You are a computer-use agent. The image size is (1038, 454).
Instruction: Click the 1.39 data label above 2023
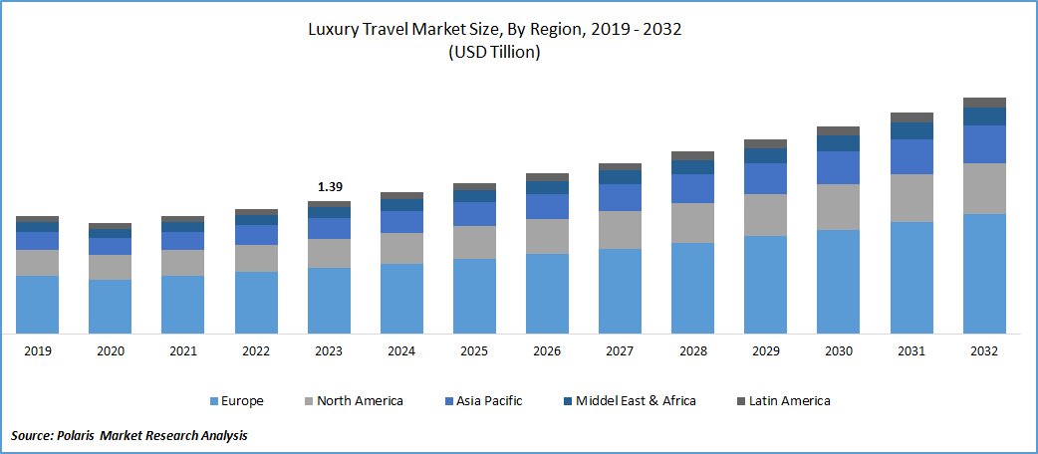point(329,187)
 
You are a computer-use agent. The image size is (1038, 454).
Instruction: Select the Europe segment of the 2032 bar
point(984,273)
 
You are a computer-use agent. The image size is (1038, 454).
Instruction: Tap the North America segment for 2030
point(838,206)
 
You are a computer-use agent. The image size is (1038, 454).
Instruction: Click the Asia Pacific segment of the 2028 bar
point(692,188)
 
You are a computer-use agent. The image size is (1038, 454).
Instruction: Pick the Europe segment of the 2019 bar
point(37,304)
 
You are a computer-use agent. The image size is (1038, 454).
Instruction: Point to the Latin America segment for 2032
point(984,103)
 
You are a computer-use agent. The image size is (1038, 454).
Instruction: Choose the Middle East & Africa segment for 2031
point(911,130)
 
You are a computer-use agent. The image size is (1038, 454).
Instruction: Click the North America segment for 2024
point(401,248)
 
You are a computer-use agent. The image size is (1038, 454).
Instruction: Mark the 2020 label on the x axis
point(110,351)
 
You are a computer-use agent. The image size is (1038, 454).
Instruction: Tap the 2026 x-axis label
point(547,351)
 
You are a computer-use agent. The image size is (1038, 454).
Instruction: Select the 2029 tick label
point(765,351)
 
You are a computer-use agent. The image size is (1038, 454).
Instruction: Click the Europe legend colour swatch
point(213,401)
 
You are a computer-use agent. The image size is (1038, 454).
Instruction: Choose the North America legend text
point(360,401)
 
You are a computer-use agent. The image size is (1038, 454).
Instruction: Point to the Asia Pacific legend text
point(489,401)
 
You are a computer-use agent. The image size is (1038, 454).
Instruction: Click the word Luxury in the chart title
point(337,31)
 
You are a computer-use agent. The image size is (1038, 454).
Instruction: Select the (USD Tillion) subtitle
point(493,53)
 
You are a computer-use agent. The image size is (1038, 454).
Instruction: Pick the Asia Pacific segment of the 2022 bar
point(256,234)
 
